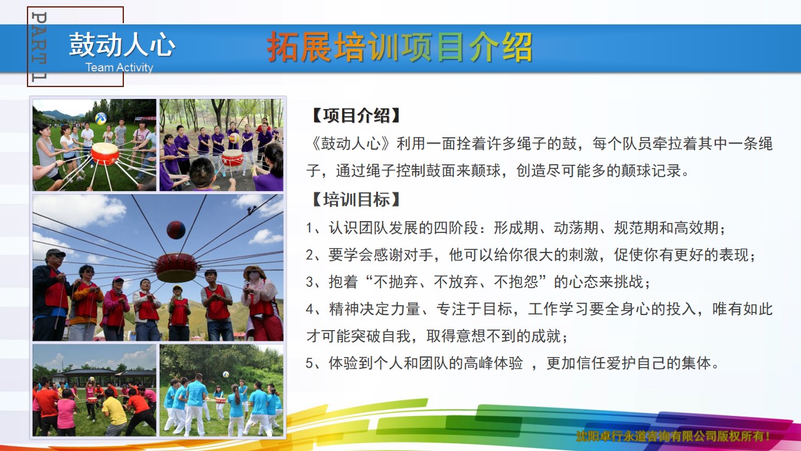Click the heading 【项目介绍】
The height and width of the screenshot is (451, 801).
pyautogui.click(x=355, y=116)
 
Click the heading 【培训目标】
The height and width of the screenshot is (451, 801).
pyautogui.click(x=355, y=199)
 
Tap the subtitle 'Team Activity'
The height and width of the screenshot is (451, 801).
pyautogui.click(x=119, y=67)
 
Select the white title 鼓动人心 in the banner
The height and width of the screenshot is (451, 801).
pyautogui.click(x=122, y=44)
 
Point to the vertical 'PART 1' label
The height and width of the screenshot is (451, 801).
pyautogui.click(x=39, y=46)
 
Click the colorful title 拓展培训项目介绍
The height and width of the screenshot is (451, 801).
pyautogui.click(x=399, y=47)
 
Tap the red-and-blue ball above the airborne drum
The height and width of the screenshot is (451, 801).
pyautogui.click(x=176, y=230)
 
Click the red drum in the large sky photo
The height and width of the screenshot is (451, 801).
pyautogui.click(x=176, y=267)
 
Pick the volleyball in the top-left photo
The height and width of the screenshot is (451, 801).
pyautogui.click(x=101, y=118)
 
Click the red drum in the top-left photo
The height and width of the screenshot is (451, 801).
pyautogui.click(x=105, y=153)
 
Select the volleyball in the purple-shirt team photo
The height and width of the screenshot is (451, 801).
pyautogui.click(x=234, y=138)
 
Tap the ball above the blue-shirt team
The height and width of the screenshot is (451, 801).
pyautogui.click(x=226, y=375)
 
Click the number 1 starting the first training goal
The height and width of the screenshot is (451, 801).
pyautogui.click(x=309, y=228)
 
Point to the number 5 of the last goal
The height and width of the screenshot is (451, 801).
pyautogui.click(x=309, y=363)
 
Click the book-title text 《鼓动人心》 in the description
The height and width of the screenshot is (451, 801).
pyautogui.click(x=352, y=143)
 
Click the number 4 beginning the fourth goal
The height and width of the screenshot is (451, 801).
pyautogui.click(x=310, y=309)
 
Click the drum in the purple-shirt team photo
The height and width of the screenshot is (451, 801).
pyautogui.click(x=232, y=158)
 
